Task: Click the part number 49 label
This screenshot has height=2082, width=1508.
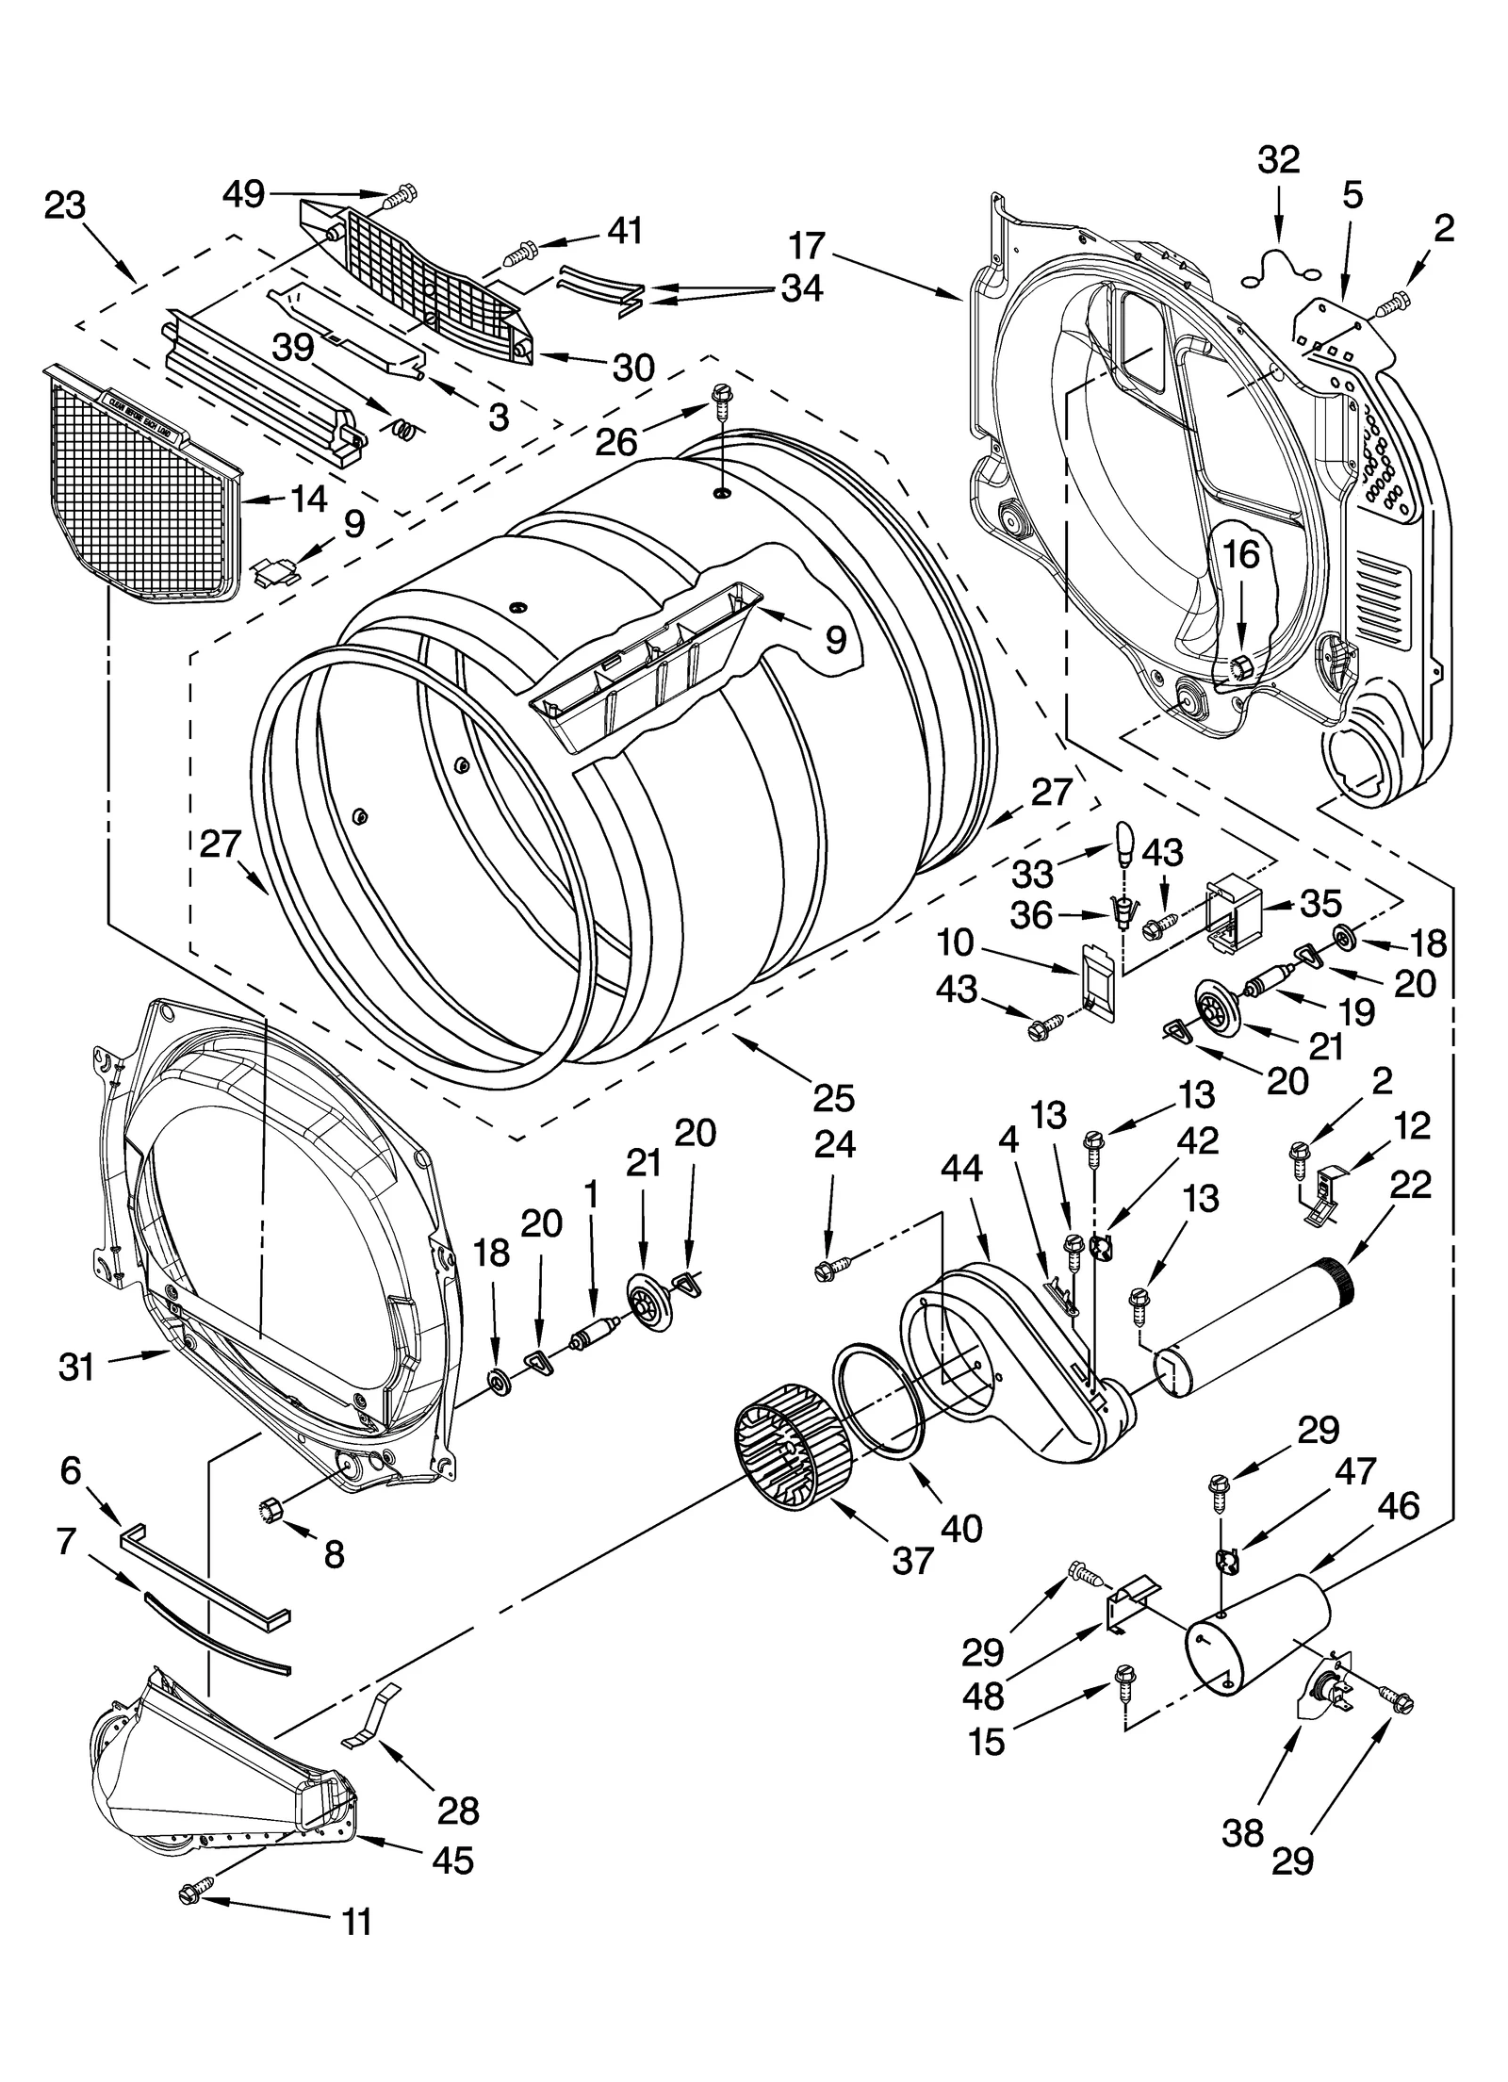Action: click(243, 194)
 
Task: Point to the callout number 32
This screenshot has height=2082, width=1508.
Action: click(1278, 160)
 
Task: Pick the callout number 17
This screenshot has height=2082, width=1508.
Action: click(807, 247)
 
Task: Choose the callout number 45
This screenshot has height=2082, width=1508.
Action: click(452, 1860)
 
